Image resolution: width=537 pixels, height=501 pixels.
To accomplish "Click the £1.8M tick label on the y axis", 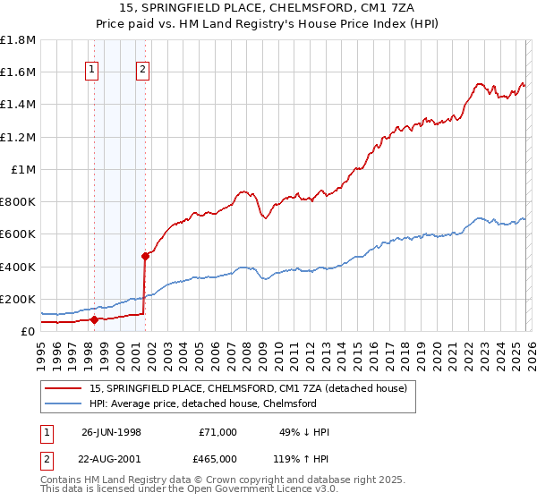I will coord(18,40).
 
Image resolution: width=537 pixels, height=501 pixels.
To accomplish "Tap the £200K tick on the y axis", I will coord(18,299).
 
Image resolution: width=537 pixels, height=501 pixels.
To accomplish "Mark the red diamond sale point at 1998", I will coord(94,318).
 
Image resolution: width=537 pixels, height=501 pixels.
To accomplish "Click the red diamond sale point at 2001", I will coord(144,256).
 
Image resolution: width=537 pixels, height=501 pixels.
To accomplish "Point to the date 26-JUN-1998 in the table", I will coord(111,432).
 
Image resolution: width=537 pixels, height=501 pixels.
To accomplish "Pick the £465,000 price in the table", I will coord(218,458).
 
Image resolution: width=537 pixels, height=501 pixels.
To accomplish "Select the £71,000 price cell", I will coord(218,432).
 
